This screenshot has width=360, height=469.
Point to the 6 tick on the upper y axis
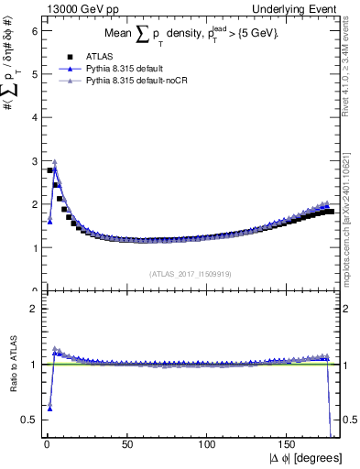pos(33,30)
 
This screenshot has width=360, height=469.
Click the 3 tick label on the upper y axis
pos(33,160)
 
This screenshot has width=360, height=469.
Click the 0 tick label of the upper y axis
pos(33,290)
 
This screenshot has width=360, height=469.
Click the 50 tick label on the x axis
pos(127,443)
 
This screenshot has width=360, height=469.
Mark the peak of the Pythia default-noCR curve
pos(54,161)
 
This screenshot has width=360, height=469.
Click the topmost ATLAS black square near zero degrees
pos(50,170)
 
